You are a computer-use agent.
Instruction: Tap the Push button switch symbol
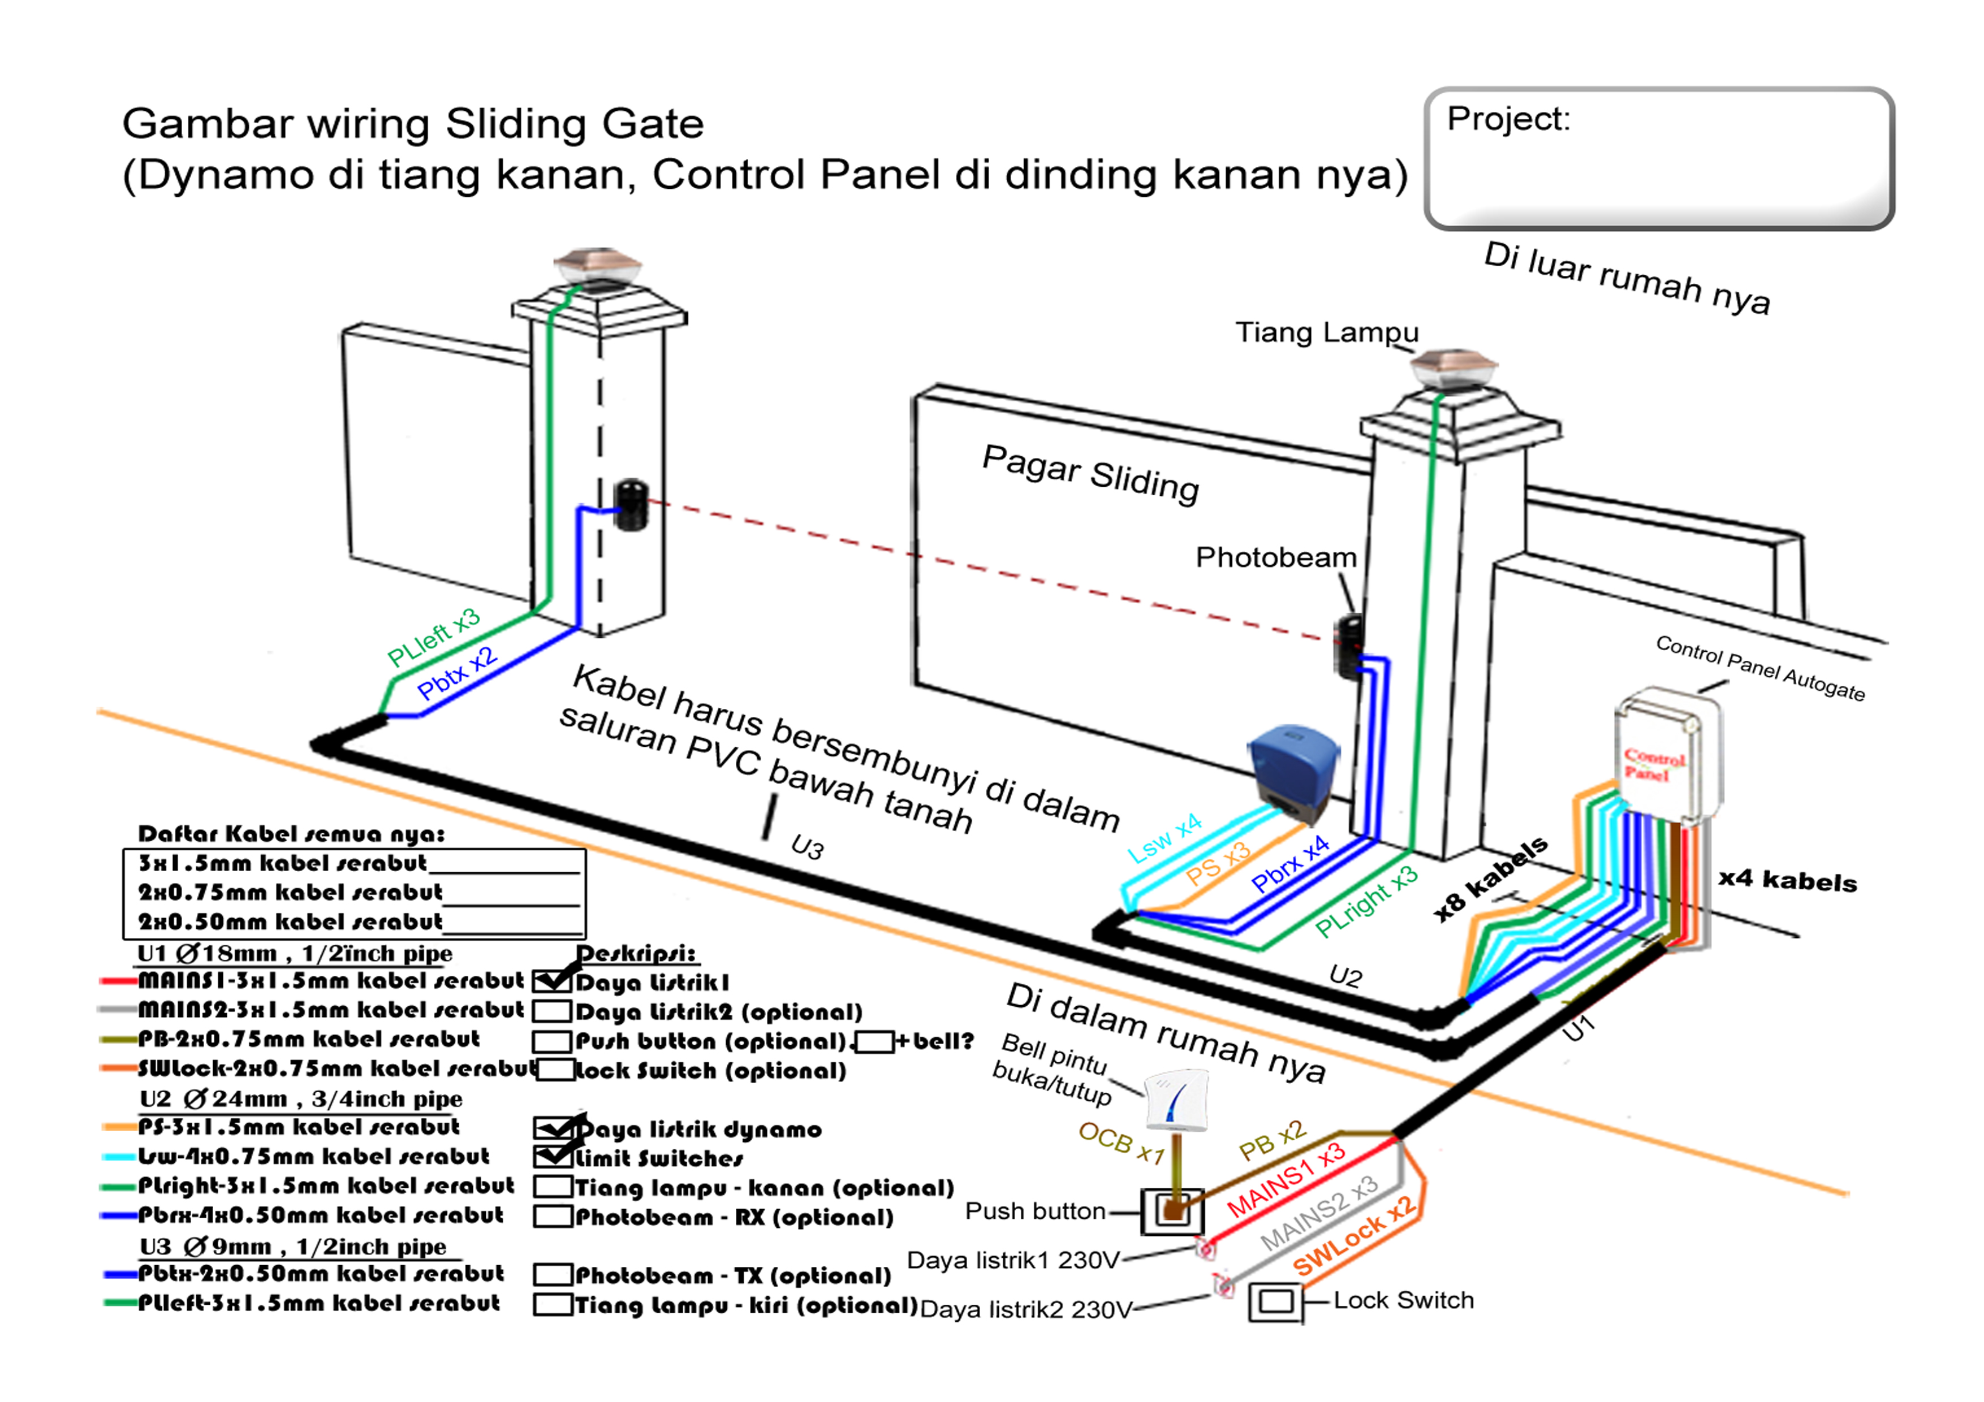[1172, 1211]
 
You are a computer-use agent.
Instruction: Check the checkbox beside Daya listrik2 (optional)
[553, 1011]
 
